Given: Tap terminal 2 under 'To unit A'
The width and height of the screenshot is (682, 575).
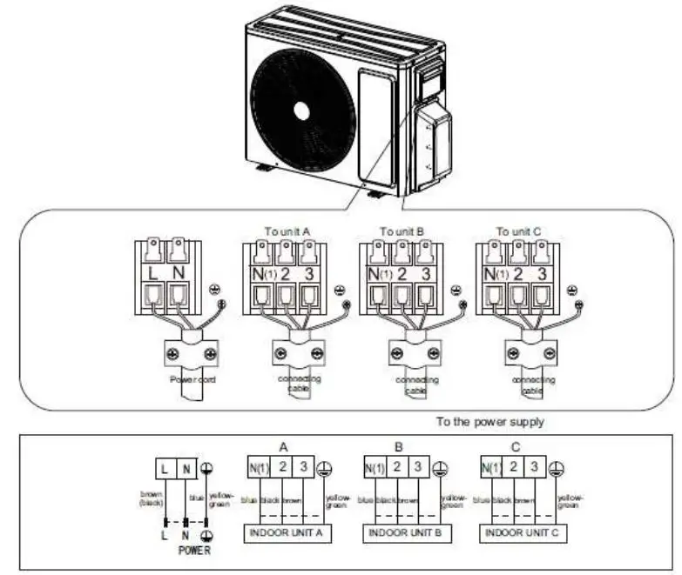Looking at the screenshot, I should [284, 276].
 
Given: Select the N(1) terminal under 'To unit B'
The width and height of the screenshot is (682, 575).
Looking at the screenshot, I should [377, 276].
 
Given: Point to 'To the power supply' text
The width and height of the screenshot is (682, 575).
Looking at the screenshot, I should [490, 422].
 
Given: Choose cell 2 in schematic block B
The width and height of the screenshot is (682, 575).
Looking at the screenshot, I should [396, 468].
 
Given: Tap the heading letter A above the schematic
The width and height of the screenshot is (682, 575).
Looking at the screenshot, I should [283, 447].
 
